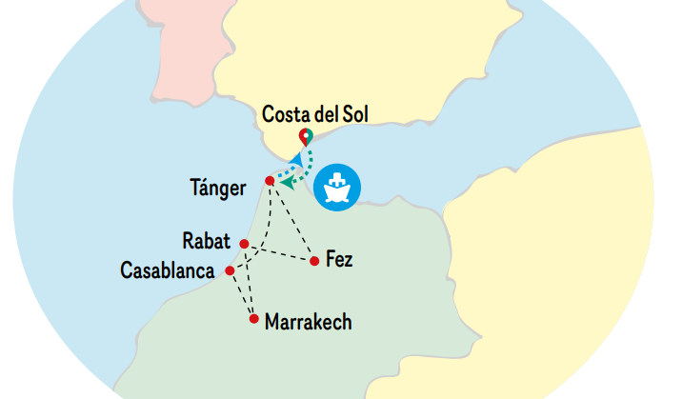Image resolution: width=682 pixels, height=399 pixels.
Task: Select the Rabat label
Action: click(x=207, y=239)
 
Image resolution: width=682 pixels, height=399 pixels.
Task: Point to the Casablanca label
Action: click(x=167, y=270)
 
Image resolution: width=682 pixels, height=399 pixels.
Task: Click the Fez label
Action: click(x=338, y=259)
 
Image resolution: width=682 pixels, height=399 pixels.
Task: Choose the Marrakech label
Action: click(x=308, y=322)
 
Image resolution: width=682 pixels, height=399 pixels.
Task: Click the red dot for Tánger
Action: click(x=270, y=181)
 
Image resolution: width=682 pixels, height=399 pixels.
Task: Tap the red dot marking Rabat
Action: click(x=244, y=244)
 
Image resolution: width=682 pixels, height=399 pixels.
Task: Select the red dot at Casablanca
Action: click(x=230, y=271)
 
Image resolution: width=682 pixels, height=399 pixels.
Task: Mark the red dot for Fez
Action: click(x=314, y=260)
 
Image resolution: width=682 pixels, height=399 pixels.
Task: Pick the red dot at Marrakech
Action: click(x=253, y=319)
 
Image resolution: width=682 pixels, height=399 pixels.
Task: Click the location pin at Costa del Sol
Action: click(x=305, y=136)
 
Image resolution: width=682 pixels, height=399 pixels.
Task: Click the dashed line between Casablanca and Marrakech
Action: click(x=241, y=294)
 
